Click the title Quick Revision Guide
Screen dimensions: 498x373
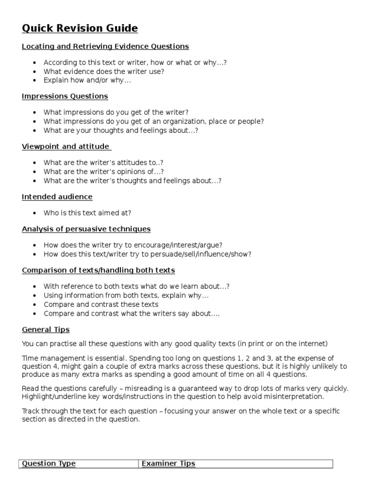(x=80, y=29)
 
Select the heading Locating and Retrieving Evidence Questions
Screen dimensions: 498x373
(x=105, y=47)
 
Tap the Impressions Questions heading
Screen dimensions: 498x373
(x=65, y=96)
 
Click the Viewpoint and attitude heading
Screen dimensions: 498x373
(x=66, y=146)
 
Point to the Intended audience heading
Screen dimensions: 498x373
(x=57, y=197)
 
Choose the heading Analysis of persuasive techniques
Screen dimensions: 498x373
(x=86, y=229)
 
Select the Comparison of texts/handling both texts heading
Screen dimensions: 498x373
(x=98, y=270)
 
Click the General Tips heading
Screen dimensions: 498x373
(x=46, y=330)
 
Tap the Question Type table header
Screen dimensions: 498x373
(x=49, y=463)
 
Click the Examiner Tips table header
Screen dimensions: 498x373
(x=168, y=463)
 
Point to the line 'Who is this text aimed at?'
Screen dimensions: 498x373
(x=87, y=213)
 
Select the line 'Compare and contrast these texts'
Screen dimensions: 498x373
(x=101, y=304)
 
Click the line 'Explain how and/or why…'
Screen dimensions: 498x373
(x=87, y=80)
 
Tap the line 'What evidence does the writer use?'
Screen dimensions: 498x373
(x=104, y=71)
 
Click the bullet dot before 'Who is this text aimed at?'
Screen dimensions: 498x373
(x=34, y=213)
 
